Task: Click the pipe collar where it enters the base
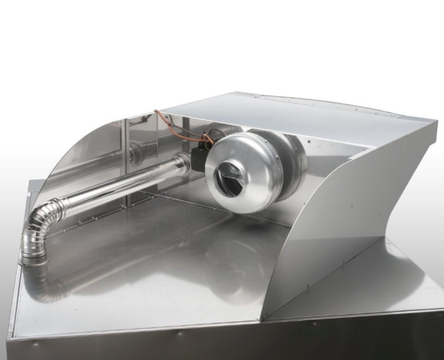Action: pyautogui.click(x=33, y=256)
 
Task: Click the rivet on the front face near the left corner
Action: pyautogui.click(x=33, y=343)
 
